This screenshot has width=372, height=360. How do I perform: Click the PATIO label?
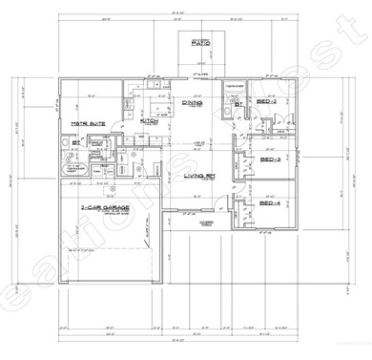click(200, 44)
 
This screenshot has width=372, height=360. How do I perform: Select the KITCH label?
click(150, 121)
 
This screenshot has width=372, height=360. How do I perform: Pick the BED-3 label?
click(271, 159)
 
